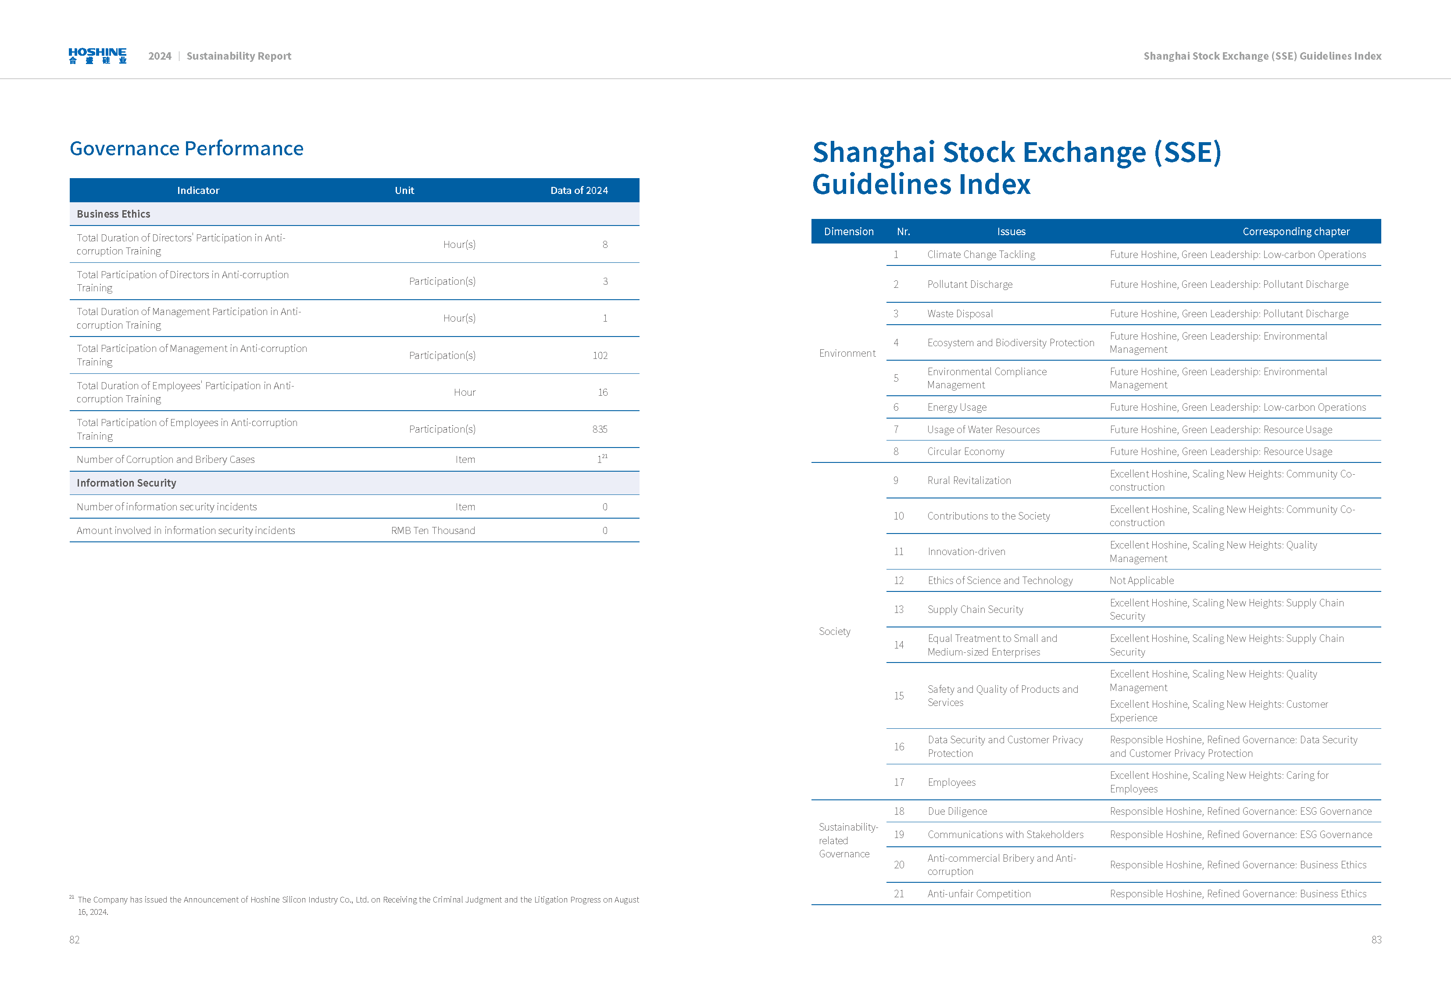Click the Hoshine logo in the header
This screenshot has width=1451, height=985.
point(97,56)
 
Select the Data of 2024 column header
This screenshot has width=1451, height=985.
point(578,190)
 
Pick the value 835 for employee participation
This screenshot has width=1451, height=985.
point(599,429)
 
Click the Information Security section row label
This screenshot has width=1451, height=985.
point(126,483)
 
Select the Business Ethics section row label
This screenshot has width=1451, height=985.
point(113,214)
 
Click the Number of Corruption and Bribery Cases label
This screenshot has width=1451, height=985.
point(165,459)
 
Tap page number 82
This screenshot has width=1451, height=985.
point(74,939)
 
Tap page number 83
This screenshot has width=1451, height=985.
point(1376,939)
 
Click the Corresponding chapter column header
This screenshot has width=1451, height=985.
point(1296,232)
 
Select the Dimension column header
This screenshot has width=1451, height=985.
point(848,232)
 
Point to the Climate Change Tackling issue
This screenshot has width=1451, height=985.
point(981,254)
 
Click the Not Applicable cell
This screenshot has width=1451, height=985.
point(1141,580)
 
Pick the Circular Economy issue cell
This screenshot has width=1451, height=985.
point(965,451)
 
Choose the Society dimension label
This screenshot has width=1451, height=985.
point(834,631)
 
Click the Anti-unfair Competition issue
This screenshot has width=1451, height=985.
point(978,894)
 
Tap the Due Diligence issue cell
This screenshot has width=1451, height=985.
point(957,811)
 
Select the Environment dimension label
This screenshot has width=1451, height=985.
point(847,354)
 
